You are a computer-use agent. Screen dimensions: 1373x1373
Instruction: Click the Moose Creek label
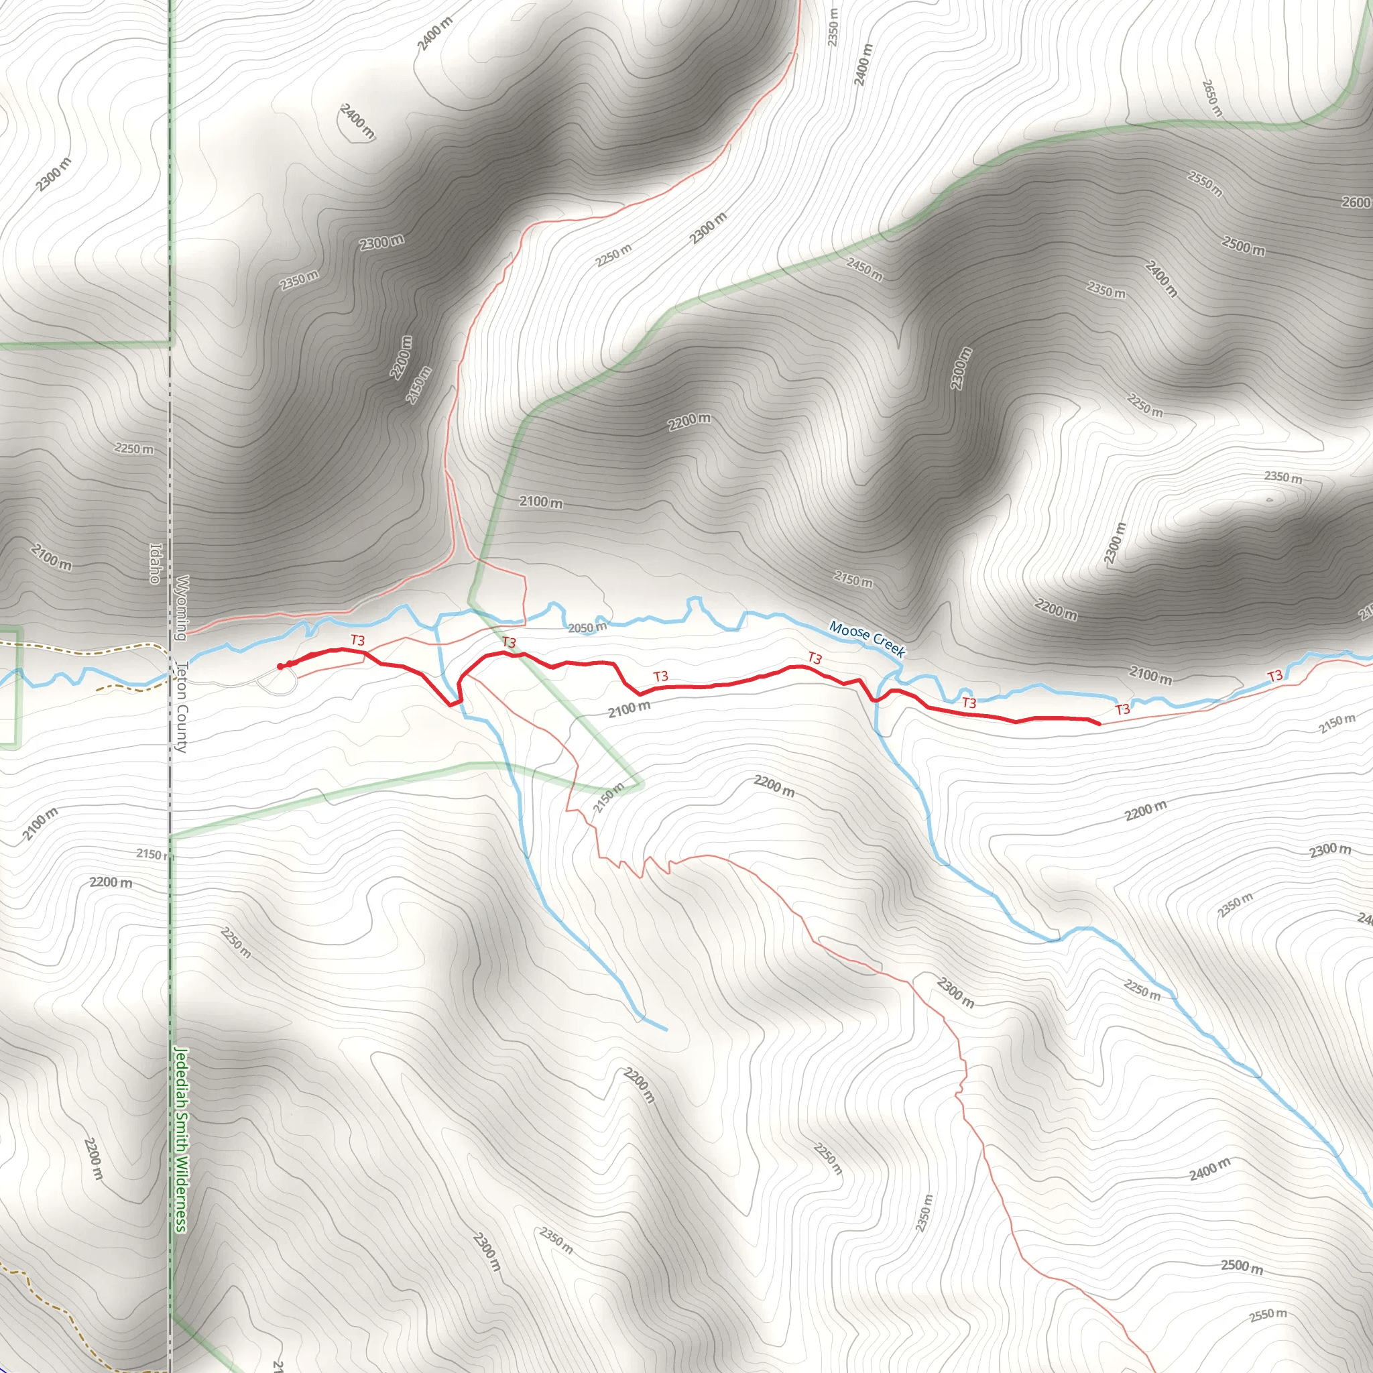pos(866,639)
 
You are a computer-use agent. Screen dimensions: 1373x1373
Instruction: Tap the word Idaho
pos(156,564)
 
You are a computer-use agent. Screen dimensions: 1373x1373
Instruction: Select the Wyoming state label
pos(182,607)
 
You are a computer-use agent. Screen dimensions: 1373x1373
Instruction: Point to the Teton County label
pos(181,707)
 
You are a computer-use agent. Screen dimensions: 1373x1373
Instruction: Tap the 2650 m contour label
pos(1211,98)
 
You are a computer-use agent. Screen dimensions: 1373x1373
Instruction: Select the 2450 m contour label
pos(864,270)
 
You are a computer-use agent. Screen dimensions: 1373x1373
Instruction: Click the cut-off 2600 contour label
pos(1357,202)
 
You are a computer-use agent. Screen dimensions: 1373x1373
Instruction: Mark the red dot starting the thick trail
pos(281,666)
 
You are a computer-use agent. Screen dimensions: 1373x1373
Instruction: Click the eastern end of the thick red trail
pos(1099,724)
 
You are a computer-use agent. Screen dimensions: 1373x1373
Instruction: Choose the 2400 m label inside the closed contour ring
pos(357,121)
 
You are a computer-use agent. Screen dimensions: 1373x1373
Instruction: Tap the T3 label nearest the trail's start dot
pos(357,640)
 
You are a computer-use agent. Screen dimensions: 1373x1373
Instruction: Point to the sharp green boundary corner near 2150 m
pos(642,785)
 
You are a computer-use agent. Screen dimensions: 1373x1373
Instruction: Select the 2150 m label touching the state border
pos(154,854)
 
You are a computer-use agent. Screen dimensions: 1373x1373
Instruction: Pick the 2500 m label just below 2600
pos(1243,246)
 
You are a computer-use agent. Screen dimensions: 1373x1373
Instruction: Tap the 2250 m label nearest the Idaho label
pos(133,449)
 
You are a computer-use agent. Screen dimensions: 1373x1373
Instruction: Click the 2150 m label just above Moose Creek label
pos(853,581)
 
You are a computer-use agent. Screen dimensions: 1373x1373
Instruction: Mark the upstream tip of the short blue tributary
pos(666,1029)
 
